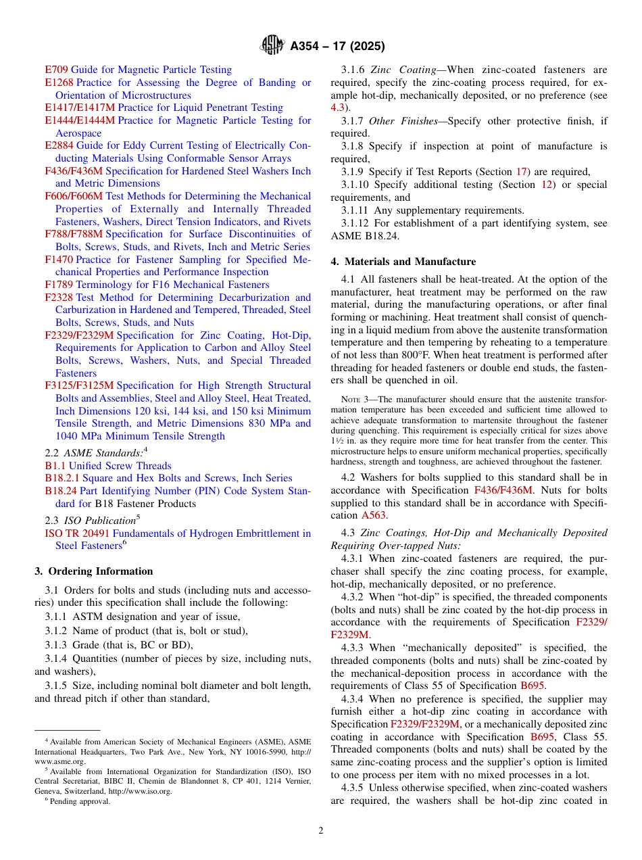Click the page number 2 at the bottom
[321, 830]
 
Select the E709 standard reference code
[56, 70]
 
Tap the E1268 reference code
[59, 82]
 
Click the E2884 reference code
[59, 145]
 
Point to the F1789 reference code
[59, 285]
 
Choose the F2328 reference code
[59, 297]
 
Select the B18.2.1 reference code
[63, 478]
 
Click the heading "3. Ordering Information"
[93, 571]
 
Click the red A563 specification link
[374, 515]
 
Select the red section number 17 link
[520, 172]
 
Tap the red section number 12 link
[547, 185]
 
